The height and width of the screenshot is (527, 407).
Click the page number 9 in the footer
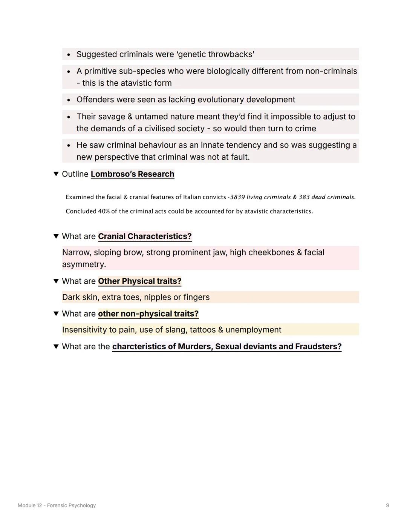(x=387, y=505)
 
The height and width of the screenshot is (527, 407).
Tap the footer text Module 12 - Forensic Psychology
(x=57, y=505)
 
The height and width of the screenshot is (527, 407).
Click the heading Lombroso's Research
(x=132, y=174)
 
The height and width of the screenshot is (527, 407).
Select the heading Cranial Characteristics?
(x=145, y=236)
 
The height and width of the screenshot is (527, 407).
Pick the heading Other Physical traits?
(x=139, y=281)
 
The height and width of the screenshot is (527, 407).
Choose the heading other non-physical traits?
(x=148, y=313)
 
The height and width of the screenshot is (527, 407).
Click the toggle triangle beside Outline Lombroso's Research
(x=56, y=174)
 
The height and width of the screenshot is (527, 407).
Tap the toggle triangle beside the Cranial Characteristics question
(x=56, y=236)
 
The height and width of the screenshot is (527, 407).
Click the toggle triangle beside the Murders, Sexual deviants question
(x=56, y=346)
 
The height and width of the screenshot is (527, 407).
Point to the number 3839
(x=237, y=197)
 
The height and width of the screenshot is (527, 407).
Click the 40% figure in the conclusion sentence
(x=104, y=211)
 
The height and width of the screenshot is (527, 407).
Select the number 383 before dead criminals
(x=304, y=197)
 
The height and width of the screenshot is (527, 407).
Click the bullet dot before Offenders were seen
(x=69, y=100)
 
